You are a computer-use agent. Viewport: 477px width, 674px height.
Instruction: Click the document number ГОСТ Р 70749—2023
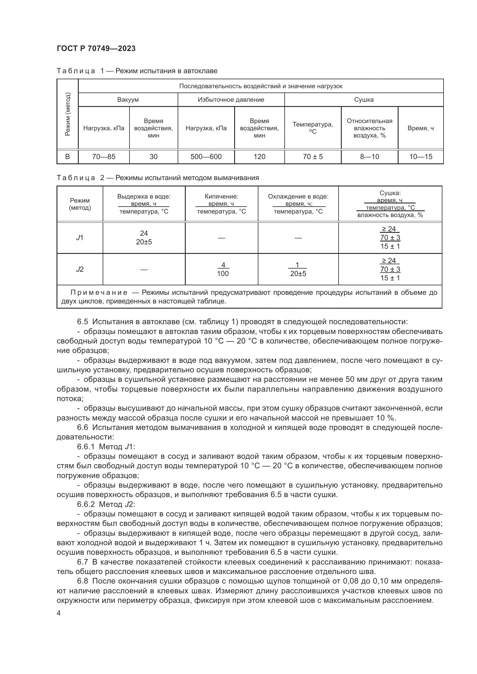(96, 48)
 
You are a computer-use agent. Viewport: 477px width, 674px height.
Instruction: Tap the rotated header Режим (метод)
(67, 114)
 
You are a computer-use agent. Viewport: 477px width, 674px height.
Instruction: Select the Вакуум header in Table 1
(128, 99)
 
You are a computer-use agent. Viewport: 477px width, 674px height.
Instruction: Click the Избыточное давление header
(231, 99)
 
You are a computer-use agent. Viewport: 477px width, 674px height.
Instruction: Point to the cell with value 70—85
(104, 156)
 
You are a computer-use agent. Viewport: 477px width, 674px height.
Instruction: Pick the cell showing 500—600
(206, 156)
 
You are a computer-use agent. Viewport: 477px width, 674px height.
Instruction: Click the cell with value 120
(259, 156)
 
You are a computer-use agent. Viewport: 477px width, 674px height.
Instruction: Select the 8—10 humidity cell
(369, 156)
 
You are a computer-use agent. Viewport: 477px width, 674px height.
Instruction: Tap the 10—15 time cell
(420, 156)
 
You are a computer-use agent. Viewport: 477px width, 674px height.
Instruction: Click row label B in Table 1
(67, 156)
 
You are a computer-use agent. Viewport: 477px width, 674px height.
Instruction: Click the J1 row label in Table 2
(80, 237)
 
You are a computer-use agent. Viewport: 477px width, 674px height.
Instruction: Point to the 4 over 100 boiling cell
(223, 269)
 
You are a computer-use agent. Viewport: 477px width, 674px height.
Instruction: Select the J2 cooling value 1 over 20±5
(298, 269)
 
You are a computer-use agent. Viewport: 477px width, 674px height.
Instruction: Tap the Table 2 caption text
(158, 178)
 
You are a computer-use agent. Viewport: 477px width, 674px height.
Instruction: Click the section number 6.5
(82, 322)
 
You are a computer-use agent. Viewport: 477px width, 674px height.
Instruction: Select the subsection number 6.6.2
(86, 504)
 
